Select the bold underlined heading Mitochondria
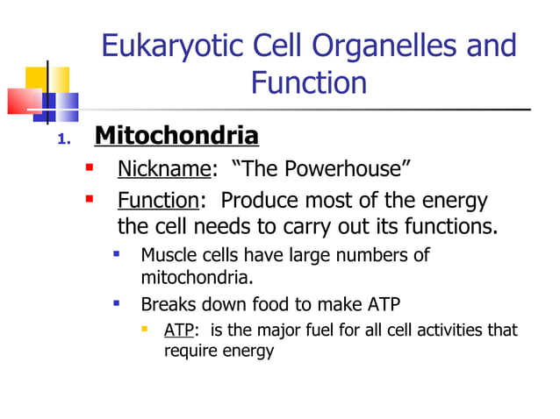(176, 137)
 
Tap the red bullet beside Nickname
(89, 167)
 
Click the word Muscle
(167, 256)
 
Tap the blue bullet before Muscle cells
(116, 255)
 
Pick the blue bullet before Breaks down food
(116, 303)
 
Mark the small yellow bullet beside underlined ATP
(144, 330)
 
